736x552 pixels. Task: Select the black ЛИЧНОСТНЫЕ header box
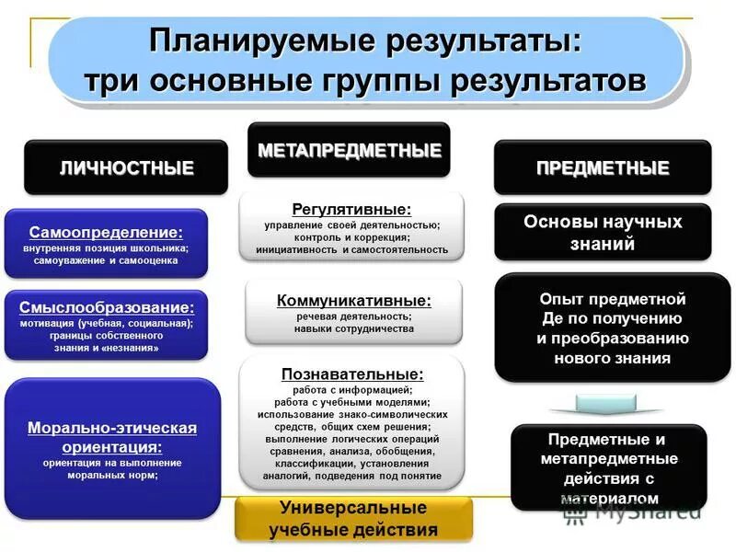tap(126, 167)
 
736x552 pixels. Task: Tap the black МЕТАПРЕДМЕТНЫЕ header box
tap(349, 150)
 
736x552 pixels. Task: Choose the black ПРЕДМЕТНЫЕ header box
tap(603, 167)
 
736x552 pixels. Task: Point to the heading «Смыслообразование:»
tap(107, 308)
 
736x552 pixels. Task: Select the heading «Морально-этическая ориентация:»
tap(112, 437)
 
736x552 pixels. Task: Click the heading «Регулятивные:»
tap(351, 210)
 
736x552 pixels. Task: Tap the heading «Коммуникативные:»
tap(353, 301)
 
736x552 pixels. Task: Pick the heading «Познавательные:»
tap(352, 374)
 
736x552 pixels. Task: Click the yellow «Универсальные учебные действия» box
tap(353, 519)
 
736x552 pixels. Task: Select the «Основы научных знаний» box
tap(603, 233)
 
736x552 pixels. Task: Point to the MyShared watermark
tap(635, 512)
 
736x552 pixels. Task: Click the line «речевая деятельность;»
tap(353, 316)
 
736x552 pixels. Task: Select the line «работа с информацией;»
tap(353, 389)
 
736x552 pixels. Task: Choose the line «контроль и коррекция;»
tap(352, 236)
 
